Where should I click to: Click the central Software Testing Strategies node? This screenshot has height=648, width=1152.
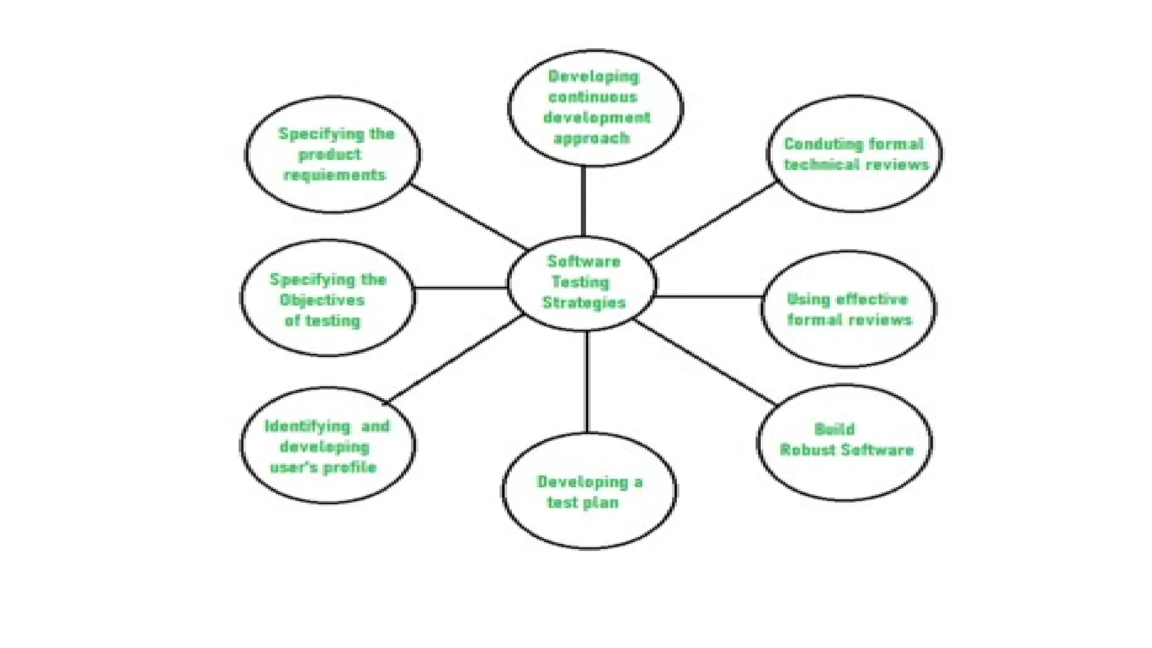[582, 282]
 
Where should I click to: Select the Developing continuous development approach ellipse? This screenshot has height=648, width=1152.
[596, 107]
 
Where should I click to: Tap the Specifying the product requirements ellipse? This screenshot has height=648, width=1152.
[332, 154]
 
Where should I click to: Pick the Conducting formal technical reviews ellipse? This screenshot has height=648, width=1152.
[854, 154]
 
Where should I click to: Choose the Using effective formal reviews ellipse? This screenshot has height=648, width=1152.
[848, 309]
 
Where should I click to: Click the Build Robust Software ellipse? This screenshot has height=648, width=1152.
[845, 442]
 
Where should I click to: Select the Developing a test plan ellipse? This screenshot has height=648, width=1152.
[589, 491]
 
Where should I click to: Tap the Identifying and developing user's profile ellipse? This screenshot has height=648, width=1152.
[328, 445]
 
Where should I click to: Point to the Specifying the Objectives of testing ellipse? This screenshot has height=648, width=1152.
[328, 298]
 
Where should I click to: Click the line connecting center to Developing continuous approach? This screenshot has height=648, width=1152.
[583, 201]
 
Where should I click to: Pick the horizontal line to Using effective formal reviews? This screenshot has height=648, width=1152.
[709, 296]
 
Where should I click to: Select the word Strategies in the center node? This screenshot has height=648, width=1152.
[584, 303]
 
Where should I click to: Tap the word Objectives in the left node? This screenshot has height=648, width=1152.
[322, 300]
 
